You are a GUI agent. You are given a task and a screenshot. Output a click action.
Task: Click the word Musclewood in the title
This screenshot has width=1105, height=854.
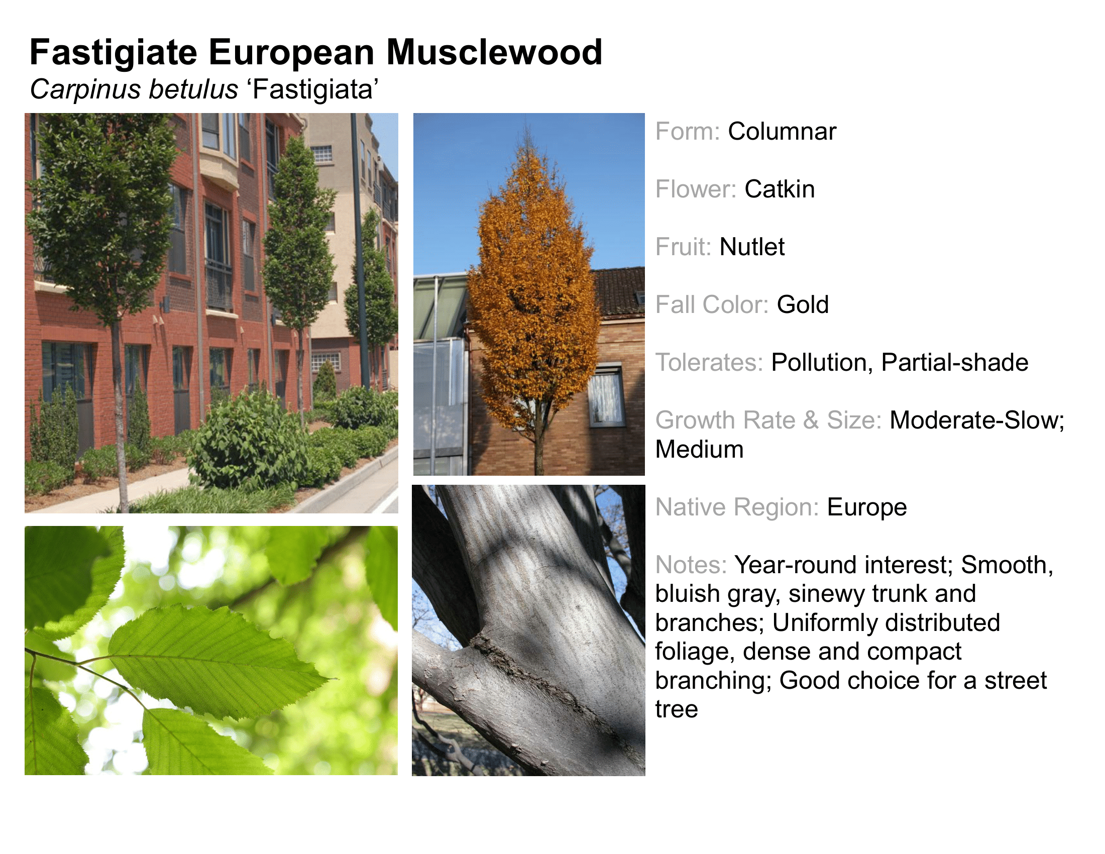pyautogui.click(x=494, y=52)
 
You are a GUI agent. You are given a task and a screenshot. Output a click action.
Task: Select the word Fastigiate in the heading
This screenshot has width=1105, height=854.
pyautogui.click(x=114, y=53)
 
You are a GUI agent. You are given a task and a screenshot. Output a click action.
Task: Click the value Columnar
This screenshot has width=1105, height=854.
pyautogui.click(x=782, y=132)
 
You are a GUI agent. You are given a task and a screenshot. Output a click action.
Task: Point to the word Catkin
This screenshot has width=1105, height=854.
pyautogui.click(x=780, y=189)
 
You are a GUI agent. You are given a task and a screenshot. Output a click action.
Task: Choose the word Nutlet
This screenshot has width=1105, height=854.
pyautogui.click(x=752, y=247)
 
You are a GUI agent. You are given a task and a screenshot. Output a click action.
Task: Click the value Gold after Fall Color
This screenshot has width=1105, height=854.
pyautogui.click(x=803, y=304)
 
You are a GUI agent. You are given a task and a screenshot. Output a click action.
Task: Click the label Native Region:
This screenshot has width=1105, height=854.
pyautogui.click(x=737, y=507)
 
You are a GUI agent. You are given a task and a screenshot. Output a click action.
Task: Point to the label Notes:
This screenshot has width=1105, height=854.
pyautogui.click(x=691, y=565)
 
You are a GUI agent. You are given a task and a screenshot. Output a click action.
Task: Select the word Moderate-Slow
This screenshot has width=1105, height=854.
pyautogui.click(x=976, y=420)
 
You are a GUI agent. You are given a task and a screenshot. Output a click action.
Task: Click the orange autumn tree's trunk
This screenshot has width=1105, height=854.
pyautogui.click(x=538, y=450)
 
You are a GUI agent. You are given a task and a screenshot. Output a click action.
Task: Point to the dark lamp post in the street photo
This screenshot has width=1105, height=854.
pyautogui.click(x=359, y=253)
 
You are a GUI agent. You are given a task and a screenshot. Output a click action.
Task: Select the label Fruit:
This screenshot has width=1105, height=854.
pyautogui.click(x=683, y=247)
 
